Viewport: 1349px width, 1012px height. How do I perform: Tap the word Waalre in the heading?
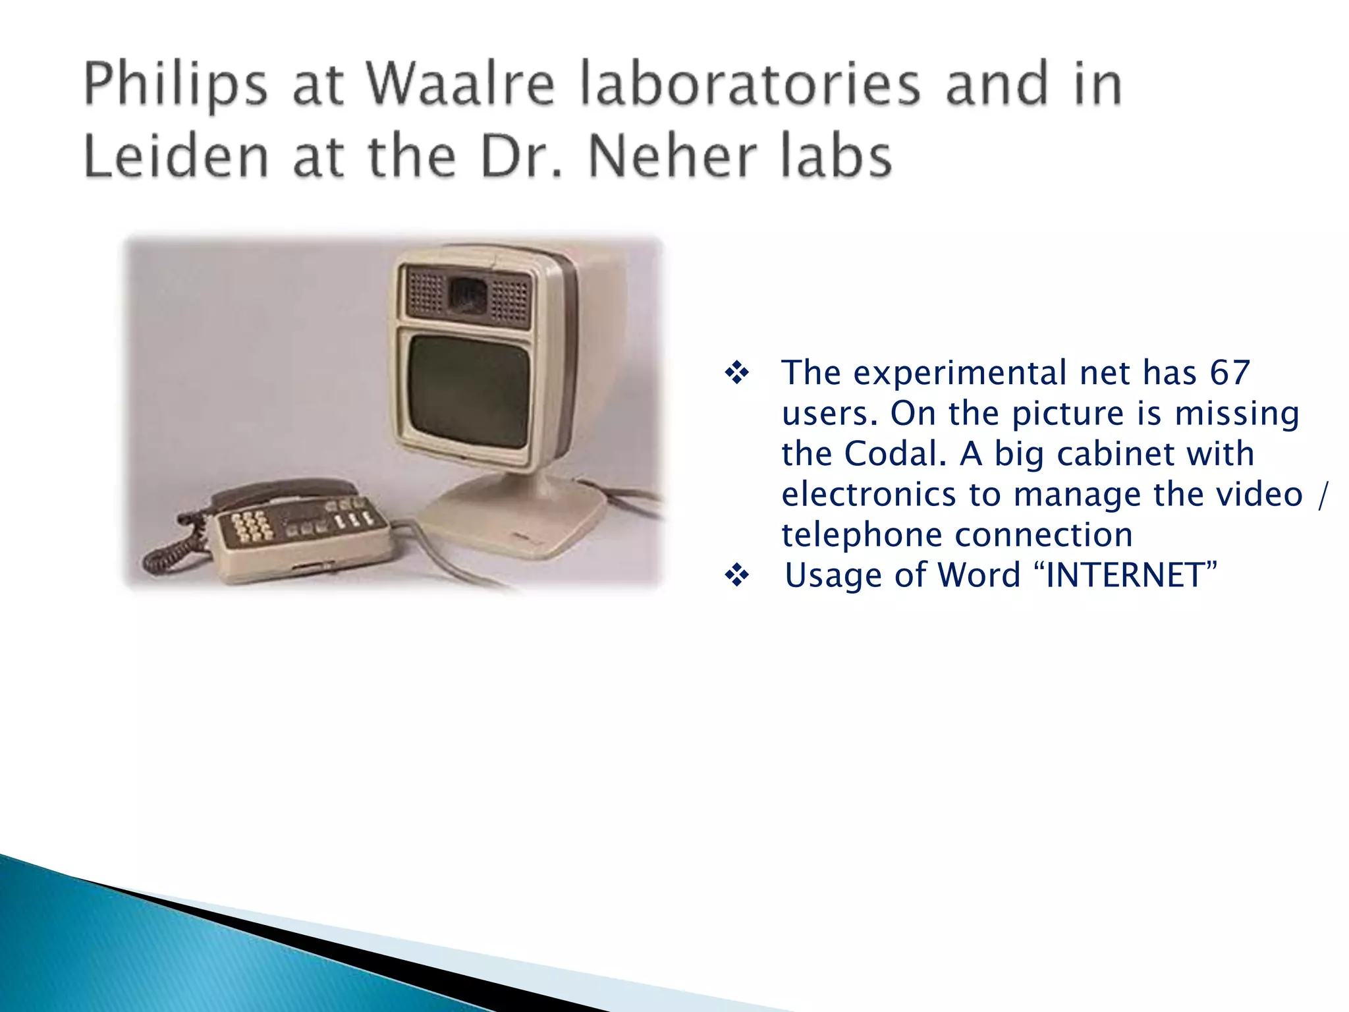point(460,84)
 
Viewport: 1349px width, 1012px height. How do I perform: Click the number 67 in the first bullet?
point(1229,373)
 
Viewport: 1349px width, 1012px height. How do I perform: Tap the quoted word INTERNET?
point(1131,575)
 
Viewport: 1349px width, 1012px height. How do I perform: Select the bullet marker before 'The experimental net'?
point(736,374)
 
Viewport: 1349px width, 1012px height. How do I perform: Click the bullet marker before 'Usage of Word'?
point(736,576)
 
